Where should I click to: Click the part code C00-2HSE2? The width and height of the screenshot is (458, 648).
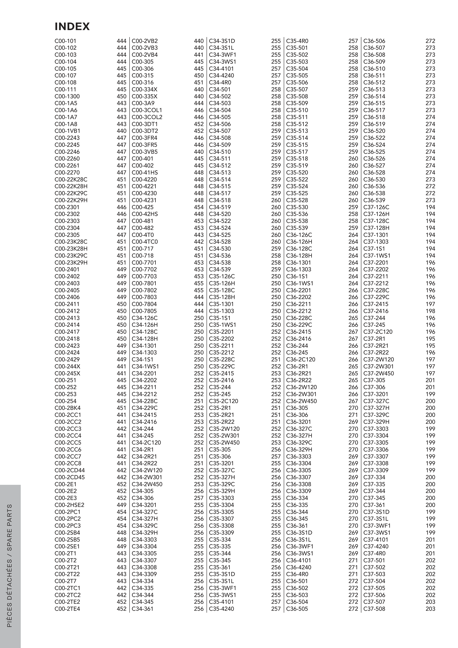tap(69, 505)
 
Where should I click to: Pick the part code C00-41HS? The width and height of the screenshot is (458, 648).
tap(145, 172)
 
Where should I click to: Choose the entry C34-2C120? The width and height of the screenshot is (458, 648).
tap(146, 443)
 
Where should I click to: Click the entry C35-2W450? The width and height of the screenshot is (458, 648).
tap(224, 443)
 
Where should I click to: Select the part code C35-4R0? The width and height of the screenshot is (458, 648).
tap(297, 41)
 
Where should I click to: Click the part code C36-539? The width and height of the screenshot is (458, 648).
tap(374, 200)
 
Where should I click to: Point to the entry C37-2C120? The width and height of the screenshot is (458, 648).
tap(378, 332)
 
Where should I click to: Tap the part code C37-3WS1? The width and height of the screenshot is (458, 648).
tap(377, 533)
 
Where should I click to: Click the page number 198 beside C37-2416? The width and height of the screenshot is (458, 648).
tap(430, 311)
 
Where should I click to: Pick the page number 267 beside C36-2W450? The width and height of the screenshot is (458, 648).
tap(353, 401)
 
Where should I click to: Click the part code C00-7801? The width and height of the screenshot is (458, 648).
tap(144, 283)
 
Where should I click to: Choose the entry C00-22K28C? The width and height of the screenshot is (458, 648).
tap(71, 179)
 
